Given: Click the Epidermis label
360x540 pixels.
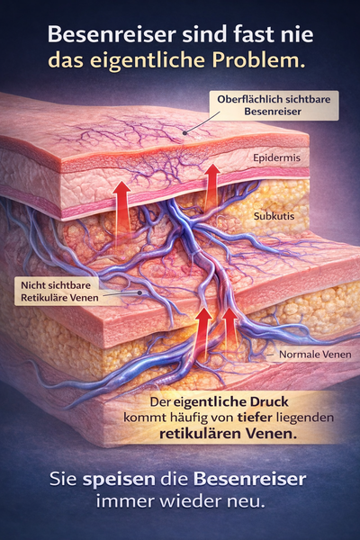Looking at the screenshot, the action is coord(276,157).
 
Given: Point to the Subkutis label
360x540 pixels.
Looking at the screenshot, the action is coord(274,216).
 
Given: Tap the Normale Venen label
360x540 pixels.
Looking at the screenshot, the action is coord(315,354).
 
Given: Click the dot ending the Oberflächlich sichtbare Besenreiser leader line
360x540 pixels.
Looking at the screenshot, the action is coord(185,133).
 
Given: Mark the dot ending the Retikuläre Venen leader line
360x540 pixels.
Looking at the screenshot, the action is coord(139,293).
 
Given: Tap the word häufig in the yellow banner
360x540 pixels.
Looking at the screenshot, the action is coord(185,418).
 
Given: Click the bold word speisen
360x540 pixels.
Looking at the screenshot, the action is coord(119,480).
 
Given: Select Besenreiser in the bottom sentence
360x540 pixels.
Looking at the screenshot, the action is coord(249,479).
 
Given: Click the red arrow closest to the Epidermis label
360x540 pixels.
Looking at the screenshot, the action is coord(212,188).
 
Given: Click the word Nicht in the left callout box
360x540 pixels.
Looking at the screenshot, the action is coord(32,285).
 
